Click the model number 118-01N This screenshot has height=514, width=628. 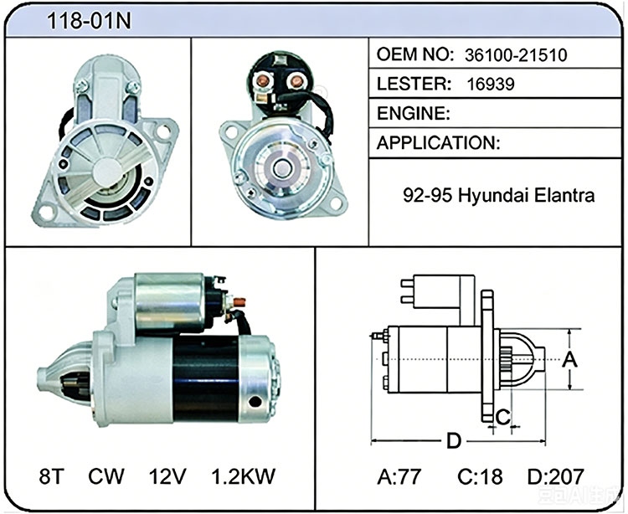click(89, 21)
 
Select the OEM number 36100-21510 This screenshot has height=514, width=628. click(516, 55)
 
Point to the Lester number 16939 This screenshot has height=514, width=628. click(491, 84)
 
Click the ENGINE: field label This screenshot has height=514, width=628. click(414, 113)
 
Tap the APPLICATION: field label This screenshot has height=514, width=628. click(439, 143)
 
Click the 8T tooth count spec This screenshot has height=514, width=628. click(52, 476)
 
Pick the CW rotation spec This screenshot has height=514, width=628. click(106, 476)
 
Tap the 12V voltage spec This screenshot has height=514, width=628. click(167, 476)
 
